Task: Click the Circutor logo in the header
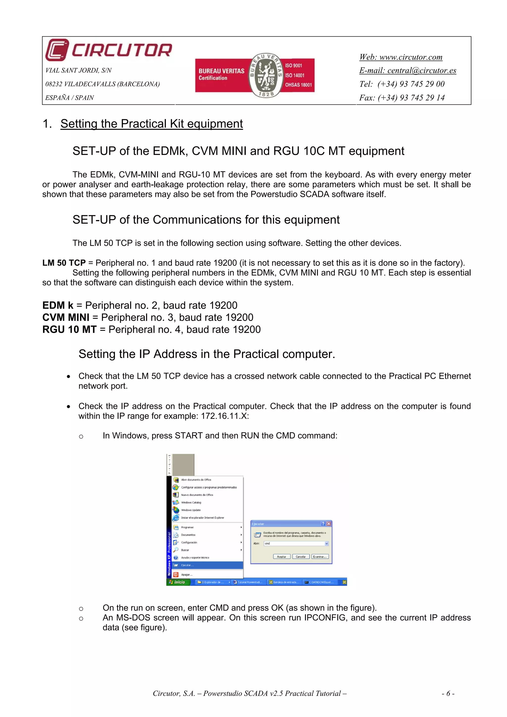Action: tap(108, 50)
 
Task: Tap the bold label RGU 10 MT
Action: tap(69, 330)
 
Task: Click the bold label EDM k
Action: tap(58, 305)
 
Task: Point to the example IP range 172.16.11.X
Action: tap(224, 416)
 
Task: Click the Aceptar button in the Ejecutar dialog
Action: tap(281, 556)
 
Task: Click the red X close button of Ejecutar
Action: tap(329, 524)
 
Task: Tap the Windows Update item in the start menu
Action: tap(191, 510)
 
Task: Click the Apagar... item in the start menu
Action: tap(187, 574)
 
